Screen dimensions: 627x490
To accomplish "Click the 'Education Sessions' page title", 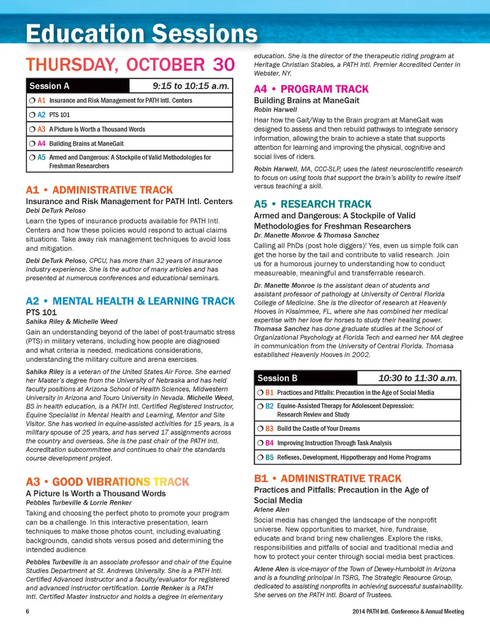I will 142,33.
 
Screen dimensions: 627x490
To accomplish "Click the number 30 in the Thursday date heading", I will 224,65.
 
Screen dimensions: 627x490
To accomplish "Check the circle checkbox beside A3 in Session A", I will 32,129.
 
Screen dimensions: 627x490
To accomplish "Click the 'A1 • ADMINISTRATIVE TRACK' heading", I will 99,190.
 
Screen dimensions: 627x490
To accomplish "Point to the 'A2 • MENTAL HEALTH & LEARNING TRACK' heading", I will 130,301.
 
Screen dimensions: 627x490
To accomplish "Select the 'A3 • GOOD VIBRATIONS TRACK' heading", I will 107,481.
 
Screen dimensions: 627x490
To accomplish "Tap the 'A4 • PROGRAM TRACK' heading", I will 311,89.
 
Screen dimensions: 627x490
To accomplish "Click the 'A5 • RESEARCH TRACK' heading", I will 313,204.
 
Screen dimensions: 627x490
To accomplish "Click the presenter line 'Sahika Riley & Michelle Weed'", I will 71,322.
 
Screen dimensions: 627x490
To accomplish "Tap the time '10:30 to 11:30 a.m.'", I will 418,378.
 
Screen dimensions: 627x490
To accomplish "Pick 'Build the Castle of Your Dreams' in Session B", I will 318,428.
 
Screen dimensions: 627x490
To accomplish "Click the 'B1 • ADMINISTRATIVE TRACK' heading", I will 328,478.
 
